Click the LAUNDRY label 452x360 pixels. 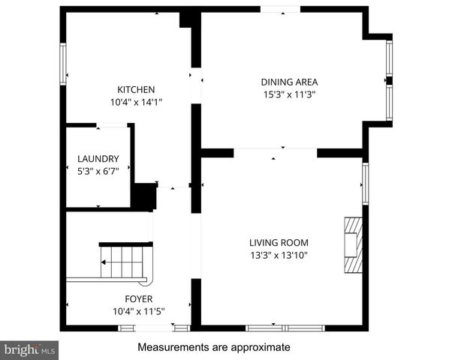tap(98, 158)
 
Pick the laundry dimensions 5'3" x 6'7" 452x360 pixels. tap(98, 171)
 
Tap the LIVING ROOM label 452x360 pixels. tap(279, 242)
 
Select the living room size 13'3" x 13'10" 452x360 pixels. tap(279, 255)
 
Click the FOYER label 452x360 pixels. tap(128, 298)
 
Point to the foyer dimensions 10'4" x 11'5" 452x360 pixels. tap(128, 310)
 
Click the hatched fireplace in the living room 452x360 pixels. tap(353, 247)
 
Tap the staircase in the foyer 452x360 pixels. tap(124, 262)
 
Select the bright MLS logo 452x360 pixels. tap(30, 349)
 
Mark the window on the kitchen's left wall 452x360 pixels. tap(63, 64)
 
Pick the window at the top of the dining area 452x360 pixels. tap(280, 9)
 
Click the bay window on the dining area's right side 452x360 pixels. tap(389, 80)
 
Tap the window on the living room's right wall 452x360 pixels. tap(365, 183)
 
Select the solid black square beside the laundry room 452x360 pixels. tap(143, 196)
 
